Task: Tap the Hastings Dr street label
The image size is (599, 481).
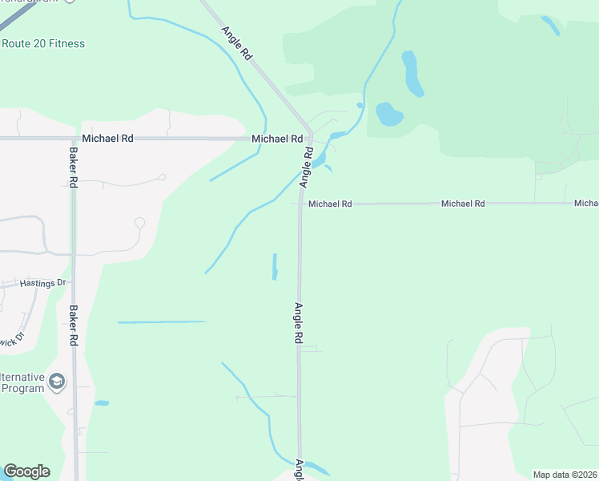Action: point(43,283)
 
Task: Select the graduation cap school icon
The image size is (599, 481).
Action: point(57,381)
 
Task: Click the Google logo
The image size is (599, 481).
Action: point(26,471)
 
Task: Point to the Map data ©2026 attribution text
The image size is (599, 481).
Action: point(565,474)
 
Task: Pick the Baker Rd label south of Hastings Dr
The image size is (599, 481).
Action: point(73,325)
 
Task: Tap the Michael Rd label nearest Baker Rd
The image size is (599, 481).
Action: point(107,139)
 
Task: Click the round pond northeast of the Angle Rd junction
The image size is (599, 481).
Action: point(389,114)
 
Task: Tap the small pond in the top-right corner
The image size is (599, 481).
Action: point(551,26)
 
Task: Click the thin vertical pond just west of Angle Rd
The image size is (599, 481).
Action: point(275,267)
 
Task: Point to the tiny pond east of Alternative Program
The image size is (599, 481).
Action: point(102,402)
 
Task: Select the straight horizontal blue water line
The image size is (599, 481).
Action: point(162,322)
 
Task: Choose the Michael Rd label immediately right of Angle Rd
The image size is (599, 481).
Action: point(330,204)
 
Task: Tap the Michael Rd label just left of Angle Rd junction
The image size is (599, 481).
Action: point(276,139)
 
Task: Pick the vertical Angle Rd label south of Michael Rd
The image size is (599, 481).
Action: point(298,323)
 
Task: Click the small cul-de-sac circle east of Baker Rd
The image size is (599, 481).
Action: point(140,223)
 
